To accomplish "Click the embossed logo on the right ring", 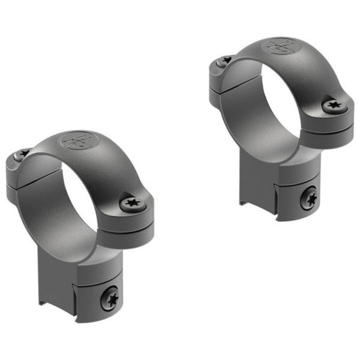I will [281, 47].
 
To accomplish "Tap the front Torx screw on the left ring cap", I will [132, 204].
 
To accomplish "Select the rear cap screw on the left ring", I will [23, 154].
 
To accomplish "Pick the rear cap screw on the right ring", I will [225, 60].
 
